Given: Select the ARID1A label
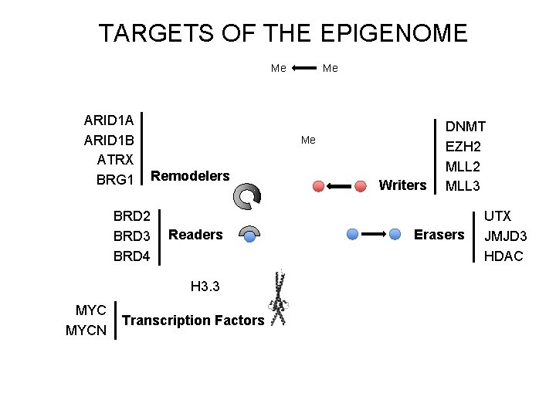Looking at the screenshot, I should (109, 120).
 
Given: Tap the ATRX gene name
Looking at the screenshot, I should (116, 160).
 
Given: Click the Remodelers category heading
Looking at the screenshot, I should (190, 176).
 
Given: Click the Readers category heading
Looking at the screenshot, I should (195, 235).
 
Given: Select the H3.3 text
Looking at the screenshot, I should (205, 286).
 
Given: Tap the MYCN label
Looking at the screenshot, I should (87, 331).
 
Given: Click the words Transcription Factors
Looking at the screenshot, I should (194, 320).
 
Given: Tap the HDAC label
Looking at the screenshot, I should (503, 256).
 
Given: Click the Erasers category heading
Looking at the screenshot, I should (439, 234).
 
